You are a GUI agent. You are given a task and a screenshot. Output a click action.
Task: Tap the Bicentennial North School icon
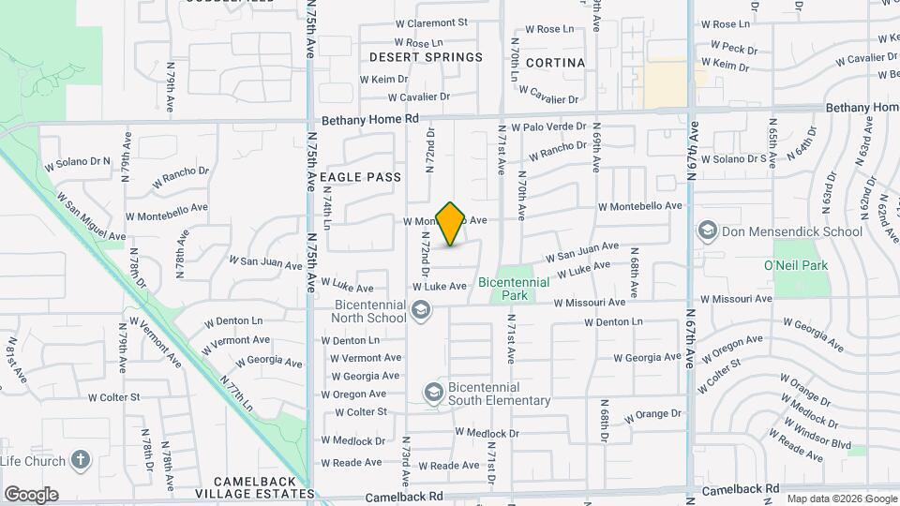[421, 310]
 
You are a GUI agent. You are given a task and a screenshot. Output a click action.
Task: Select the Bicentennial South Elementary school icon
[433, 392]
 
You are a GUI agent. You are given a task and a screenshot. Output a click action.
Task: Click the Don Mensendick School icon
[708, 231]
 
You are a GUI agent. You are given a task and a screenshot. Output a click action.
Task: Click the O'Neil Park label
[796, 266]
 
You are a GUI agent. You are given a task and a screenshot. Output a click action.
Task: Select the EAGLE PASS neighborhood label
[360, 177]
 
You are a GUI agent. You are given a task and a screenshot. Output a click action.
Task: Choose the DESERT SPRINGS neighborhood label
[426, 57]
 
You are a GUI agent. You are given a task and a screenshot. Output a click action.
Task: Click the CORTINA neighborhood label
[555, 63]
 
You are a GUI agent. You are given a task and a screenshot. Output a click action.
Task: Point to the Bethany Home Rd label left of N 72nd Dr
[370, 120]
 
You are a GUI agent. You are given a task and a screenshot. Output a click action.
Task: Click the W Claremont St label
[430, 22]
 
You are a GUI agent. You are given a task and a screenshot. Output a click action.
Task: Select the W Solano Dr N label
[77, 163]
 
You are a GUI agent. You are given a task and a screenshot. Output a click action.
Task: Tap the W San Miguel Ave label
[91, 216]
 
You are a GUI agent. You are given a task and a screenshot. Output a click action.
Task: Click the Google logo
[31, 495]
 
